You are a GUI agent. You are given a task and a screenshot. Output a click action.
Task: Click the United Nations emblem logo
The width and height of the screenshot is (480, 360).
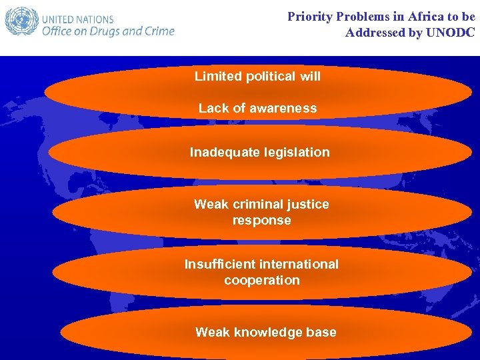click(21, 21)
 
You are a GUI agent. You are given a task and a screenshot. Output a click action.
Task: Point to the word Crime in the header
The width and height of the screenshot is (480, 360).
click(157, 31)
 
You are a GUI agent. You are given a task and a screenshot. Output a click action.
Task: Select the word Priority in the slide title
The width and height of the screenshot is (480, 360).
click(312, 17)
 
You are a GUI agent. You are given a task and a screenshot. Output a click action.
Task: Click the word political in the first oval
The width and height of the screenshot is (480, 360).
click(271, 76)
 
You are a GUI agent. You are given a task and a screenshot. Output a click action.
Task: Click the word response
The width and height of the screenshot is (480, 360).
click(261, 220)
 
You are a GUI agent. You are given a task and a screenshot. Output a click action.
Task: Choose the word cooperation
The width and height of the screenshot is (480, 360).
click(261, 280)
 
